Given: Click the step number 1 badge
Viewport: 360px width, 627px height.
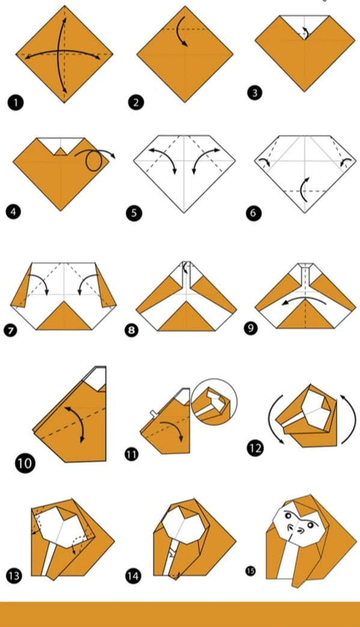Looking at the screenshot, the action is [16, 102].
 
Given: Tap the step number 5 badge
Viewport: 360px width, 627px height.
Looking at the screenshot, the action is [134, 213].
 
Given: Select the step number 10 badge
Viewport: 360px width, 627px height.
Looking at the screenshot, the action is [25, 463].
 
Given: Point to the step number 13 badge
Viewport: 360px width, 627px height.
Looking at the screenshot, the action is [14, 576].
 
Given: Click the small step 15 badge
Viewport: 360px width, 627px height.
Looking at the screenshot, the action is [251, 570].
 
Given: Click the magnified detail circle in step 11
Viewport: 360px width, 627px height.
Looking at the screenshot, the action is [214, 402].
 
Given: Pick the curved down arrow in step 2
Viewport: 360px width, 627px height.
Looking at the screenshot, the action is [182, 32].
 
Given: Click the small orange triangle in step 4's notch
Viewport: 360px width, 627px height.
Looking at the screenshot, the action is [60, 151].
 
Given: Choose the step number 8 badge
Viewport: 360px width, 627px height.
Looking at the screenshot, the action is [132, 330].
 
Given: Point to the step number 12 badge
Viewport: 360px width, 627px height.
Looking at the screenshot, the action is [255, 448].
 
